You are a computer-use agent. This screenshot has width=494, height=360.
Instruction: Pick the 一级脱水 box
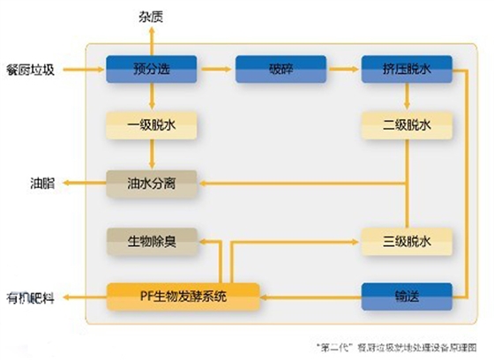(x=144, y=125)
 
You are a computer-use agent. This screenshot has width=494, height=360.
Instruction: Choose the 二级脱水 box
(x=407, y=125)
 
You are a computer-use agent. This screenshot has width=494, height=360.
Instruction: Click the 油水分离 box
(x=144, y=183)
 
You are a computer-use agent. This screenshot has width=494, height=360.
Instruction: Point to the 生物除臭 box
(x=144, y=240)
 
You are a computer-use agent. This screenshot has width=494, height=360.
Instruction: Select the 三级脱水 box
(x=407, y=240)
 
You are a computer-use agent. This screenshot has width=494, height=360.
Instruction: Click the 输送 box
(x=407, y=296)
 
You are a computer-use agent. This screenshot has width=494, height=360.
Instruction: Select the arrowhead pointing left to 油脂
(x=64, y=184)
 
